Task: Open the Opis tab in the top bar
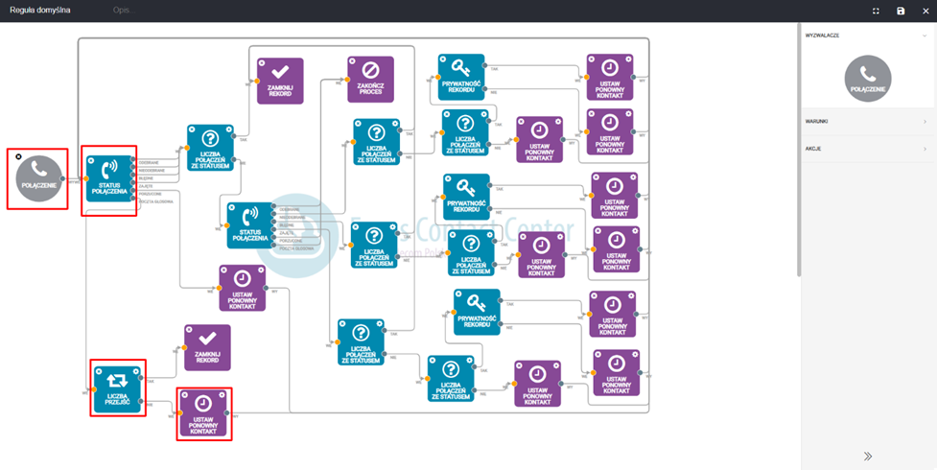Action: click(x=121, y=10)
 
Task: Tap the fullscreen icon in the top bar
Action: click(x=876, y=11)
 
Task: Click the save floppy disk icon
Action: click(x=901, y=11)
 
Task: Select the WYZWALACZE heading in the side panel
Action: click(x=823, y=35)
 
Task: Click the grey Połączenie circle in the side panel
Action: click(x=867, y=78)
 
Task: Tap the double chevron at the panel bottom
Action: click(x=868, y=457)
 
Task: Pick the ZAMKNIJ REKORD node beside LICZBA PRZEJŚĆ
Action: click(x=207, y=346)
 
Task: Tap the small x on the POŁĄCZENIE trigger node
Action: click(x=19, y=156)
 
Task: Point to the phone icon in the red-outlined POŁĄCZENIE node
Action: click(x=38, y=170)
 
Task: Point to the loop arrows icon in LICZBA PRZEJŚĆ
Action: click(x=117, y=380)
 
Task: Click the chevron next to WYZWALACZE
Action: click(x=925, y=35)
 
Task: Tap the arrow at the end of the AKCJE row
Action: click(x=925, y=149)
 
